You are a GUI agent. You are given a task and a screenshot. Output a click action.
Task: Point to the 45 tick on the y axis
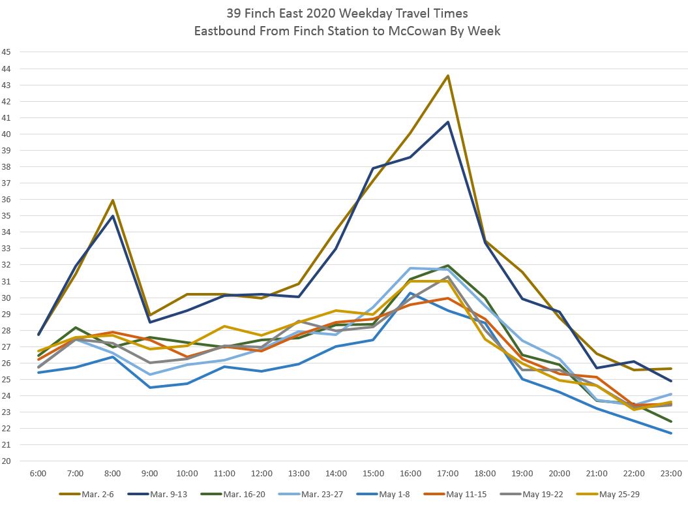point(7,52)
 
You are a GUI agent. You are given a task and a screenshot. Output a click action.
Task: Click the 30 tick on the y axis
point(7,298)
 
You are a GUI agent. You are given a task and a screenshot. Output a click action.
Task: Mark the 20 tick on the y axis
point(7,461)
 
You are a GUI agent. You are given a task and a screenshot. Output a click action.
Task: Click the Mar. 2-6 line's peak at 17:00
point(447,76)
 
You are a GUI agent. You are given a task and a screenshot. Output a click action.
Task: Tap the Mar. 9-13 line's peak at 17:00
point(447,122)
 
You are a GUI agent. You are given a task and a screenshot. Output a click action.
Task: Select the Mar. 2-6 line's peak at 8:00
point(113,200)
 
